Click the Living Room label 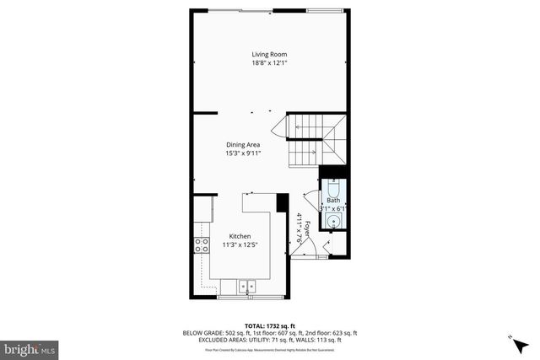click(x=270, y=54)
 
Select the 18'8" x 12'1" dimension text click(x=270, y=63)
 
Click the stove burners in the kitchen click(x=202, y=245)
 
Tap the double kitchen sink click(x=248, y=287)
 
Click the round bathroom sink click(x=334, y=222)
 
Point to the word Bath click(x=333, y=200)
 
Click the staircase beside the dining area click(x=314, y=139)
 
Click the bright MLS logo click(x=30, y=347)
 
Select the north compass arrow click(x=515, y=338)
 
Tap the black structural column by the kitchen click(x=283, y=203)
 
